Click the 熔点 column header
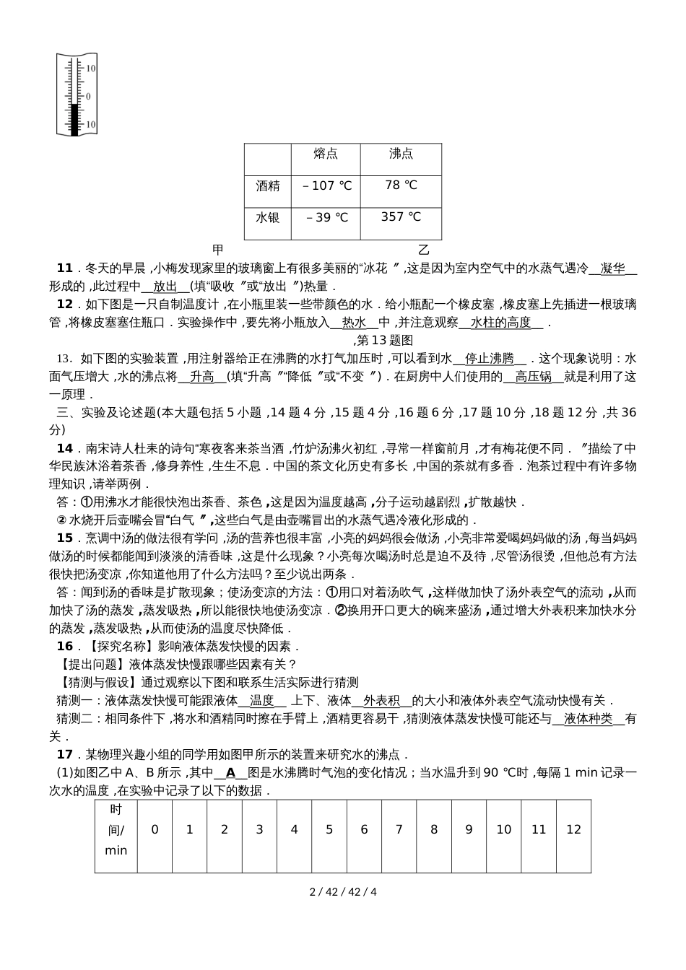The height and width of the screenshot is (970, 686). coord(326,154)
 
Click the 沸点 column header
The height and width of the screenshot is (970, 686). coord(401,154)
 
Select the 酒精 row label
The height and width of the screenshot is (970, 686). coord(268,185)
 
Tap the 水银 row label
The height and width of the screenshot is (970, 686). coord(268,217)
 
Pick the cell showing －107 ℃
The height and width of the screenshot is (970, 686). coord(326,185)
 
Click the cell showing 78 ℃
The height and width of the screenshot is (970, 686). coord(401,185)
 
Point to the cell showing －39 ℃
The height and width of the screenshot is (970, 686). coord(326,217)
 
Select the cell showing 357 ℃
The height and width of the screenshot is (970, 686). coord(401,217)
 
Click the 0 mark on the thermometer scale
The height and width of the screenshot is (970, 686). coord(88,96)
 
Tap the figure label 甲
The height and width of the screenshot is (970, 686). coord(217,250)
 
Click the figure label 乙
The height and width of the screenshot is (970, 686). coord(424,250)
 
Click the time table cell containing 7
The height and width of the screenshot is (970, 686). coord(399,830)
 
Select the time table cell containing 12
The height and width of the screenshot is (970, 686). coord(573,830)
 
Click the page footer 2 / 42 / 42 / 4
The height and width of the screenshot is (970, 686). coord(343,891)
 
